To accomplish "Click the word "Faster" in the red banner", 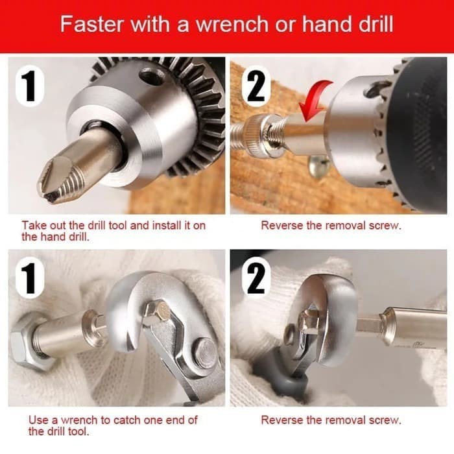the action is (91, 24).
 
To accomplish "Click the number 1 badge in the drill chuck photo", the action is (30, 86).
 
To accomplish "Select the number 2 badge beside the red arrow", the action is (256, 86).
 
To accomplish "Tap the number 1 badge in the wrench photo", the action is (30, 279).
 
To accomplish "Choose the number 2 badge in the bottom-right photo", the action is (256, 279).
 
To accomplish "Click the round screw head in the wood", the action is (319, 165).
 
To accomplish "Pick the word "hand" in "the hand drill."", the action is (53, 237).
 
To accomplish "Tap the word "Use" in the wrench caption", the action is (38, 420).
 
